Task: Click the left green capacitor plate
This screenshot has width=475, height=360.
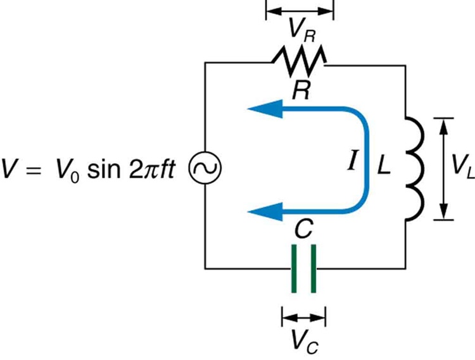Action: tap(293, 269)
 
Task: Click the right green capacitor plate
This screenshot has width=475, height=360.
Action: tap(313, 269)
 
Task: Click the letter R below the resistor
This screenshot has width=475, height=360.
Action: tap(300, 90)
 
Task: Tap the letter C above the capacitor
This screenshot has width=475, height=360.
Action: tap(303, 232)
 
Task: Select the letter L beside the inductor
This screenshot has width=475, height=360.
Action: tap(384, 166)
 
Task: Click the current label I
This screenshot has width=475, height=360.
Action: tap(352, 165)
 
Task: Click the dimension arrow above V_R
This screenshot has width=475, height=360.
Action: tap(299, 10)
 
